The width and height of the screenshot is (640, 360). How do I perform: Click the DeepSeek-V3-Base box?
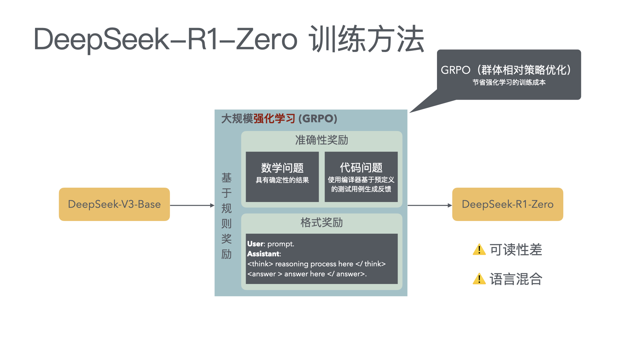click(114, 204)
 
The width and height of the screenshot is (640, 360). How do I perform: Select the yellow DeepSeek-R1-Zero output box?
click(507, 204)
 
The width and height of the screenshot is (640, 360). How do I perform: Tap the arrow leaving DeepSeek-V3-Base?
click(192, 205)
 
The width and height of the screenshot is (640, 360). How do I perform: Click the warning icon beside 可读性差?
click(479, 249)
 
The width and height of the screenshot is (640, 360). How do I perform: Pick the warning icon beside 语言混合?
click(479, 279)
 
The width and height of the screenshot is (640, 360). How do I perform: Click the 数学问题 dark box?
click(282, 177)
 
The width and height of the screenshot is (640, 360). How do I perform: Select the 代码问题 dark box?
click(361, 177)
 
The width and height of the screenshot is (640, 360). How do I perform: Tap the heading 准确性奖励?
click(321, 140)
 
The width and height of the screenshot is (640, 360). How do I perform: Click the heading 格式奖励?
click(321, 222)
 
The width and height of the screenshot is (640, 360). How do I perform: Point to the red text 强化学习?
click(274, 119)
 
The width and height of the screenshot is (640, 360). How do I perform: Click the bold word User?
click(255, 244)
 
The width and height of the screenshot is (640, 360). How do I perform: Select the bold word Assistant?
click(263, 254)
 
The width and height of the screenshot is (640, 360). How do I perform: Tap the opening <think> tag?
click(260, 264)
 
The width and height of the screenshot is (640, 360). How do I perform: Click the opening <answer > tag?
click(265, 274)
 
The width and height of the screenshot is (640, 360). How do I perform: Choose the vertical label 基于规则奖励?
click(226, 216)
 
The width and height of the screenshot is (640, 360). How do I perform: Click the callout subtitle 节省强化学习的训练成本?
click(509, 82)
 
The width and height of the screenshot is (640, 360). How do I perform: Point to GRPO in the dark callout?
click(455, 70)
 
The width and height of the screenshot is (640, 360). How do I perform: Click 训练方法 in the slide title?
click(367, 39)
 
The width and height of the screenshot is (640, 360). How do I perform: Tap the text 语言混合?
click(516, 279)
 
